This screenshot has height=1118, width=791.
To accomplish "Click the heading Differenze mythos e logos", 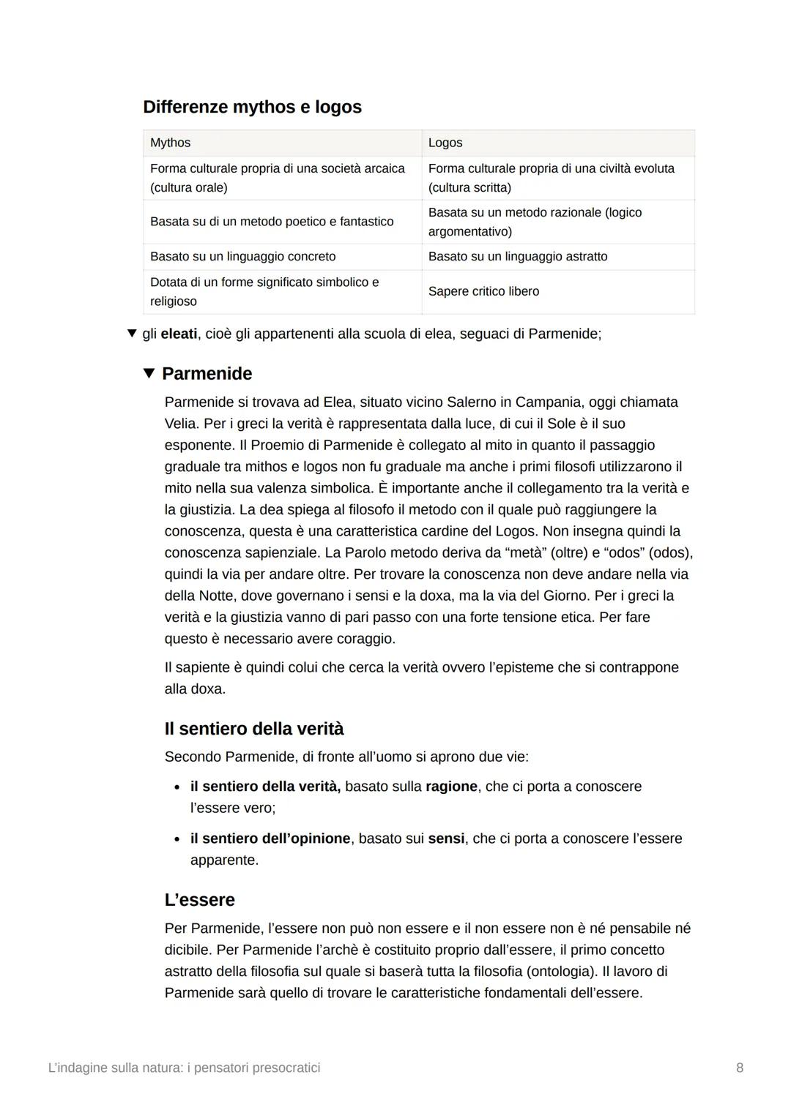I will (252, 107).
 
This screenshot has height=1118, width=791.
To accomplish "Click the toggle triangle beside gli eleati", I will (132, 334).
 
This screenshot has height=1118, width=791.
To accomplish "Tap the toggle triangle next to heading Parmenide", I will (149, 373).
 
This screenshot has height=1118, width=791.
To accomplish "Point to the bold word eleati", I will (179, 334).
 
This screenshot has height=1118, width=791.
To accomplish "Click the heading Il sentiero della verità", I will (253, 729).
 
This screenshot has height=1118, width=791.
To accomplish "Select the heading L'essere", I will (199, 900).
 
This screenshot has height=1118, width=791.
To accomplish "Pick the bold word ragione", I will (451, 787).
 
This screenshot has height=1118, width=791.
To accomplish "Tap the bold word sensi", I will (446, 838).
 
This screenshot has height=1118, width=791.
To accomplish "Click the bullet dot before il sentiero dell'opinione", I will (177, 839).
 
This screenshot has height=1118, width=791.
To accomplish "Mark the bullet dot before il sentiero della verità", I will (177, 787).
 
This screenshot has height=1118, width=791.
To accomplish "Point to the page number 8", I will (740, 1068).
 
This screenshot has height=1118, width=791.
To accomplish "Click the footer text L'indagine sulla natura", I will (184, 1068).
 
